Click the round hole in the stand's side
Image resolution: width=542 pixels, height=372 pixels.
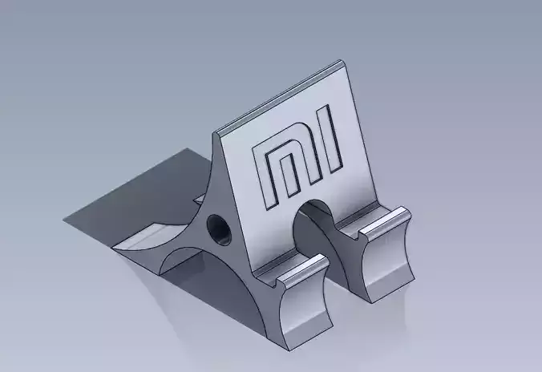click(217, 229)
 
